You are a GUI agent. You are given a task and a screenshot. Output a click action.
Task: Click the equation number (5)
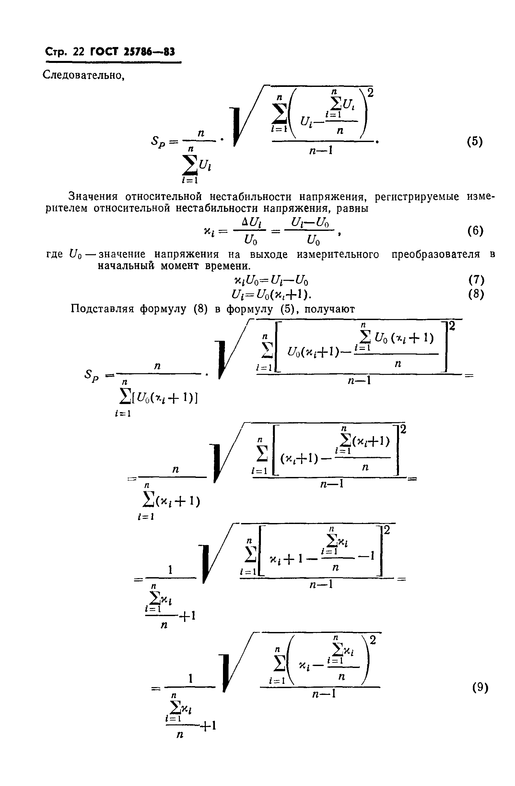pyautogui.click(x=475, y=142)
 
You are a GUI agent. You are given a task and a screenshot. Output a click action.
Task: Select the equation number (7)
pyautogui.click(x=476, y=280)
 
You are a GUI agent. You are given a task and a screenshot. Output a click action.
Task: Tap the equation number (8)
pyautogui.click(x=476, y=294)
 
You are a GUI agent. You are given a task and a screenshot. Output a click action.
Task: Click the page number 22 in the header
pyautogui.click(x=79, y=52)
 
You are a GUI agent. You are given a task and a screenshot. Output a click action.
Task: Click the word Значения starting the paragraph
pyautogui.click(x=93, y=197)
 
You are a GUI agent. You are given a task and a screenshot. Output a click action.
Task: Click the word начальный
pyautogui.click(x=126, y=266)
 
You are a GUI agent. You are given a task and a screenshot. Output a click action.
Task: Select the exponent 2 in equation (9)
pyautogui.click(x=373, y=640)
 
